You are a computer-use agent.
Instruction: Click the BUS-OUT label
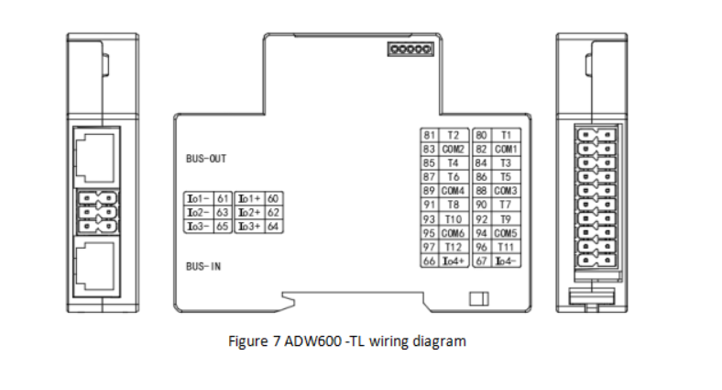click(205, 159)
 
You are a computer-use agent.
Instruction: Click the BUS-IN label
click(202, 267)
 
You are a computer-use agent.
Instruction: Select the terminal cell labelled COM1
click(506, 149)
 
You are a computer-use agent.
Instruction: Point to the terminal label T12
click(453, 247)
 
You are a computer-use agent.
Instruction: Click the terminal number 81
click(428, 135)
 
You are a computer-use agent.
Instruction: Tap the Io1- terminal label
click(200, 198)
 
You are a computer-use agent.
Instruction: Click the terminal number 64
click(272, 226)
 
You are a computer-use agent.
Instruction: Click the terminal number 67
click(480, 262)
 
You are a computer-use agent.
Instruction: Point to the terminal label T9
click(505, 219)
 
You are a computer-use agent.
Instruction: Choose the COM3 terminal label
click(506, 191)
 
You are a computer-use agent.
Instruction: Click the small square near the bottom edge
click(476, 299)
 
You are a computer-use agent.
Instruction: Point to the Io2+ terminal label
click(250, 212)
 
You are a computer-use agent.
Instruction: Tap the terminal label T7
click(505, 205)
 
